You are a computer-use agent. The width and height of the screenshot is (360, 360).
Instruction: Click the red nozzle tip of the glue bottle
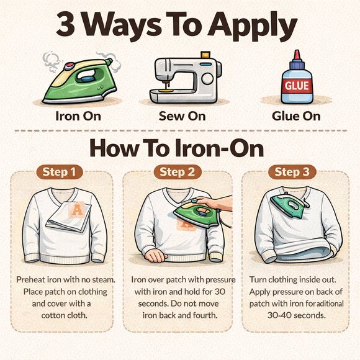[297, 54]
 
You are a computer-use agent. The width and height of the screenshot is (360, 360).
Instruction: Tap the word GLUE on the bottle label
[297, 86]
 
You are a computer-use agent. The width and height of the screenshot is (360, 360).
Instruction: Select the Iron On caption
[78, 116]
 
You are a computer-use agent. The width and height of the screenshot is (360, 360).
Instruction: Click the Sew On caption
[182, 116]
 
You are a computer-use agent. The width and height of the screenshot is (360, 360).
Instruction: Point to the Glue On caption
[296, 116]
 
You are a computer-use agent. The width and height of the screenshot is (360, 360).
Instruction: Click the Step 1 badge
[60, 172]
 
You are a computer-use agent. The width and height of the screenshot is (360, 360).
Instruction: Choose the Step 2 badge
[178, 172]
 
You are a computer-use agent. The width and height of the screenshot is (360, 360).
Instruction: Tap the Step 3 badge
[292, 172]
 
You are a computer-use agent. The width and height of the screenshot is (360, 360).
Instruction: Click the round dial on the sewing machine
[207, 79]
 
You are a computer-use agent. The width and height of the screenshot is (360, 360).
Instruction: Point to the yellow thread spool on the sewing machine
[205, 55]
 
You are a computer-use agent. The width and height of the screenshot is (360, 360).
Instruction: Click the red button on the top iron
[69, 66]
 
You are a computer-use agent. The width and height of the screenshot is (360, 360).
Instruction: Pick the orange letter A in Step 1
[77, 210]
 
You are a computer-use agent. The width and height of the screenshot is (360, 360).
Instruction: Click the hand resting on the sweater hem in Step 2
[156, 255]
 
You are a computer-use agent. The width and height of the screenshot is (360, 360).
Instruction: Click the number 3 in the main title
[65, 24]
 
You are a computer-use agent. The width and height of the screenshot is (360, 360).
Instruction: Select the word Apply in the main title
[253, 27]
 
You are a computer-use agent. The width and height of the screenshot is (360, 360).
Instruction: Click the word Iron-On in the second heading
[219, 149]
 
